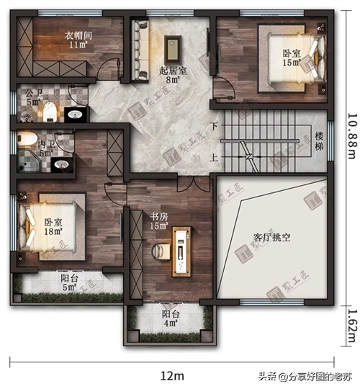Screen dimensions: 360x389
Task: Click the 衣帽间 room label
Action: point(78,35)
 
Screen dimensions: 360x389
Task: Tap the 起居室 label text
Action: point(173,71)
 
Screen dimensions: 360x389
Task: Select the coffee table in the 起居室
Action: point(173,49)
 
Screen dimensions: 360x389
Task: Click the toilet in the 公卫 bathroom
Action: point(49,112)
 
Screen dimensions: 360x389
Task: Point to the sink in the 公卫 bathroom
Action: point(75,115)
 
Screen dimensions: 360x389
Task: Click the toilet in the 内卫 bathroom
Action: point(27,138)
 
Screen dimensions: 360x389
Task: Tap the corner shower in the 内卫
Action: point(30,160)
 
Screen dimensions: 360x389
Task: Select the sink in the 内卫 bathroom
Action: point(62,164)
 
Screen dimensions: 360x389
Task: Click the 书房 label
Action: point(159,217)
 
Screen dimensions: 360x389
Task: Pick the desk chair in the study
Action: point(161,251)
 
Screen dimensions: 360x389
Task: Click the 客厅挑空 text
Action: point(271,237)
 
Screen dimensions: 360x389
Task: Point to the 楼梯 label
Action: point(319,141)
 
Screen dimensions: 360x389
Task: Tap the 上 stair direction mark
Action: point(214,157)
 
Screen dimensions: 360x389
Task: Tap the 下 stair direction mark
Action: point(214,126)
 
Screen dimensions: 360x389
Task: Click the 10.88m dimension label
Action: point(353,136)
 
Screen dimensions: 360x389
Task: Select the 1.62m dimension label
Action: point(353,326)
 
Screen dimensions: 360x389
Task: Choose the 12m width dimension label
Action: point(172,376)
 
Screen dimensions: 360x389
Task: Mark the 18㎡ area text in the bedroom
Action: point(53,231)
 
